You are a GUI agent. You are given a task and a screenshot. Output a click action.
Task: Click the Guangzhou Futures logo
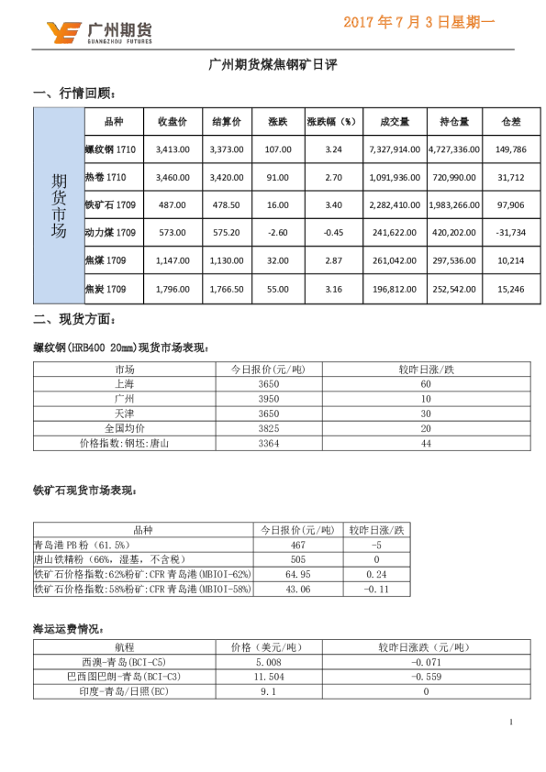click(x=99, y=32)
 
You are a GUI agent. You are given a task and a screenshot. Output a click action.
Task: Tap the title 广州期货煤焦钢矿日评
click(x=273, y=65)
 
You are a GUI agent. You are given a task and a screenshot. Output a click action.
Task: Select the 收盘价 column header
click(x=173, y=122)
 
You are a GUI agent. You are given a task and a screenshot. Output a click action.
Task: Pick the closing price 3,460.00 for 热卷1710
click(x=173, y=177)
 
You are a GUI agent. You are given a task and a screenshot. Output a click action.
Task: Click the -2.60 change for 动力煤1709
click(x=277, y=233)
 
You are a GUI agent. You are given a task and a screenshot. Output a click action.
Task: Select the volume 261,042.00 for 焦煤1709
click(x=394, y=261)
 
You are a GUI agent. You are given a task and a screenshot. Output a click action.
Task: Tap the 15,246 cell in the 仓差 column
click(x=510, y=290)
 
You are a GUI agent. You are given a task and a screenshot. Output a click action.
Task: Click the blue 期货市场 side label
click(x=59, y=206)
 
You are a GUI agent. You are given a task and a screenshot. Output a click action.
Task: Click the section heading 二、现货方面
click(x=74, y=320)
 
